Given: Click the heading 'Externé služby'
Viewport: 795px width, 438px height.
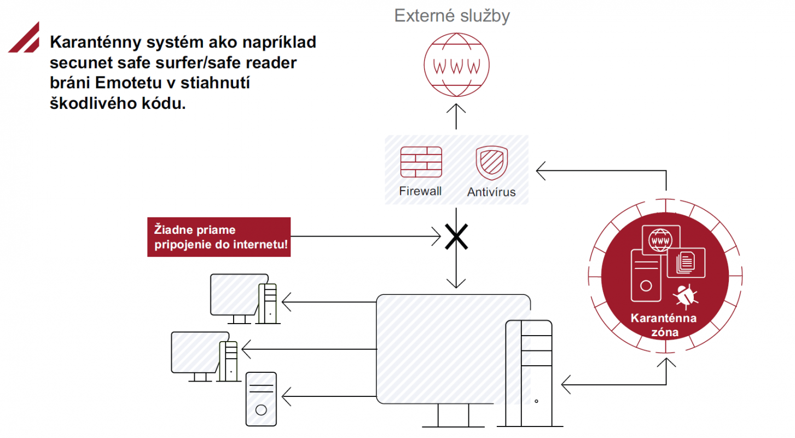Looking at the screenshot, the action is (452, 16).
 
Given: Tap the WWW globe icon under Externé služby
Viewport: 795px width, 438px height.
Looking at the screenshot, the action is (456, 65).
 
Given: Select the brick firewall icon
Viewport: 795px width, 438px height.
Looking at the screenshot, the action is (421, 162).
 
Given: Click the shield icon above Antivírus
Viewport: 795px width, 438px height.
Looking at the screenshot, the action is (491, 163).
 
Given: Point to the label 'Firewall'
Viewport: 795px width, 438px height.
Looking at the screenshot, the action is (420, 191).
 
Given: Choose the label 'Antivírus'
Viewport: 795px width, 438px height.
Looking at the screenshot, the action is (491, 192).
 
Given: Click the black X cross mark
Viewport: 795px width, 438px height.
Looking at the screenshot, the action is (456, 237).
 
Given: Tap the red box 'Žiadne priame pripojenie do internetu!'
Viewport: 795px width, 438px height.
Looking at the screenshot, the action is (219, 237).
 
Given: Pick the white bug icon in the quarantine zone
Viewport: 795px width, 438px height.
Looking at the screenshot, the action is (686, 296).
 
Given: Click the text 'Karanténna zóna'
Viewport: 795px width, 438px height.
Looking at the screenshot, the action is (664, 325).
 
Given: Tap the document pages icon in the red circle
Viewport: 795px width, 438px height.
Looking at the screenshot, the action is (686, 263).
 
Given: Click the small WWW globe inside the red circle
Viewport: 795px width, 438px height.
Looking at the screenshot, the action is (660, 240).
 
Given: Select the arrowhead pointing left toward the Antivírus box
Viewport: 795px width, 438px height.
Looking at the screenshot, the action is (541, 171).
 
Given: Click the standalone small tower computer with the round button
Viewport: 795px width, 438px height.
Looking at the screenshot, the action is (261, 399).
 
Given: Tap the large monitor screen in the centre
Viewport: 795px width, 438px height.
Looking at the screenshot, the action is (453, 349).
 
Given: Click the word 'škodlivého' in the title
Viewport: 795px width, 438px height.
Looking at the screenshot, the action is (93, 103).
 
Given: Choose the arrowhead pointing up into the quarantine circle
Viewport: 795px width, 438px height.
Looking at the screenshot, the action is (666, 362).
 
